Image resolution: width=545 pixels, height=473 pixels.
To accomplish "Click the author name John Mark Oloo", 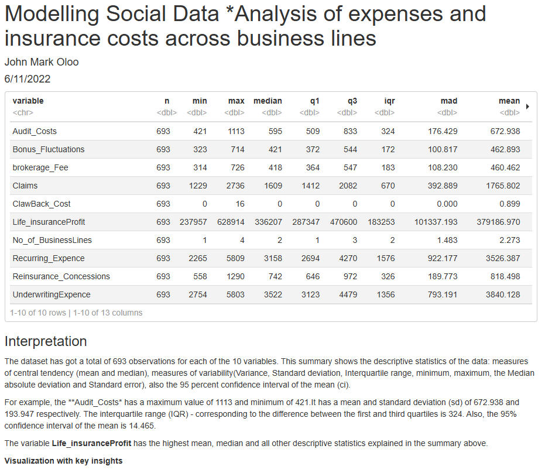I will (x=42, y=62).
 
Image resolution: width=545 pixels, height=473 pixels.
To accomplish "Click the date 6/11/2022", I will (x=28, y=78).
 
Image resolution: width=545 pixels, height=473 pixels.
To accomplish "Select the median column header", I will (x=268, y=101).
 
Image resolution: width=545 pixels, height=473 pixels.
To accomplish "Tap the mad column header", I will (x=449, y=101).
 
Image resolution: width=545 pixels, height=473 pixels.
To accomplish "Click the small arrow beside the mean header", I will (x=528, y=107).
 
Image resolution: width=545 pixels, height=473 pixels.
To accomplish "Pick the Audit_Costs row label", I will (x=35, y=131).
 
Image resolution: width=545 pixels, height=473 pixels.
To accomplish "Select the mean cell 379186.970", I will (x=499, y=222).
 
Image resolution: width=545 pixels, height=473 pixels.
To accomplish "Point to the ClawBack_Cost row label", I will (x=42, y=204).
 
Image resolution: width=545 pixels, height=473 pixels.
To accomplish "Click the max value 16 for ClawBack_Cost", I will (x=239, y=204).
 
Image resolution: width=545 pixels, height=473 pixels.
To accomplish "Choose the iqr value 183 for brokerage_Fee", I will (x=388, y=167).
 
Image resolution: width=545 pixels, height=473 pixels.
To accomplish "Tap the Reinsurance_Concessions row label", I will (x=61, y=276).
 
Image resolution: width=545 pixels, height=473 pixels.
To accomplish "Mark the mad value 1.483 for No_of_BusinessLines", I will (x=447, y=240).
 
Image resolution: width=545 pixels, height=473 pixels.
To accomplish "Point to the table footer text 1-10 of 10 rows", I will (x=38, y=313).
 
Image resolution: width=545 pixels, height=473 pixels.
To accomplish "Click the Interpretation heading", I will (x=46, y=341).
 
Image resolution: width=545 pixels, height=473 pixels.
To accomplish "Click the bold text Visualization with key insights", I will (x=63, y=461).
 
